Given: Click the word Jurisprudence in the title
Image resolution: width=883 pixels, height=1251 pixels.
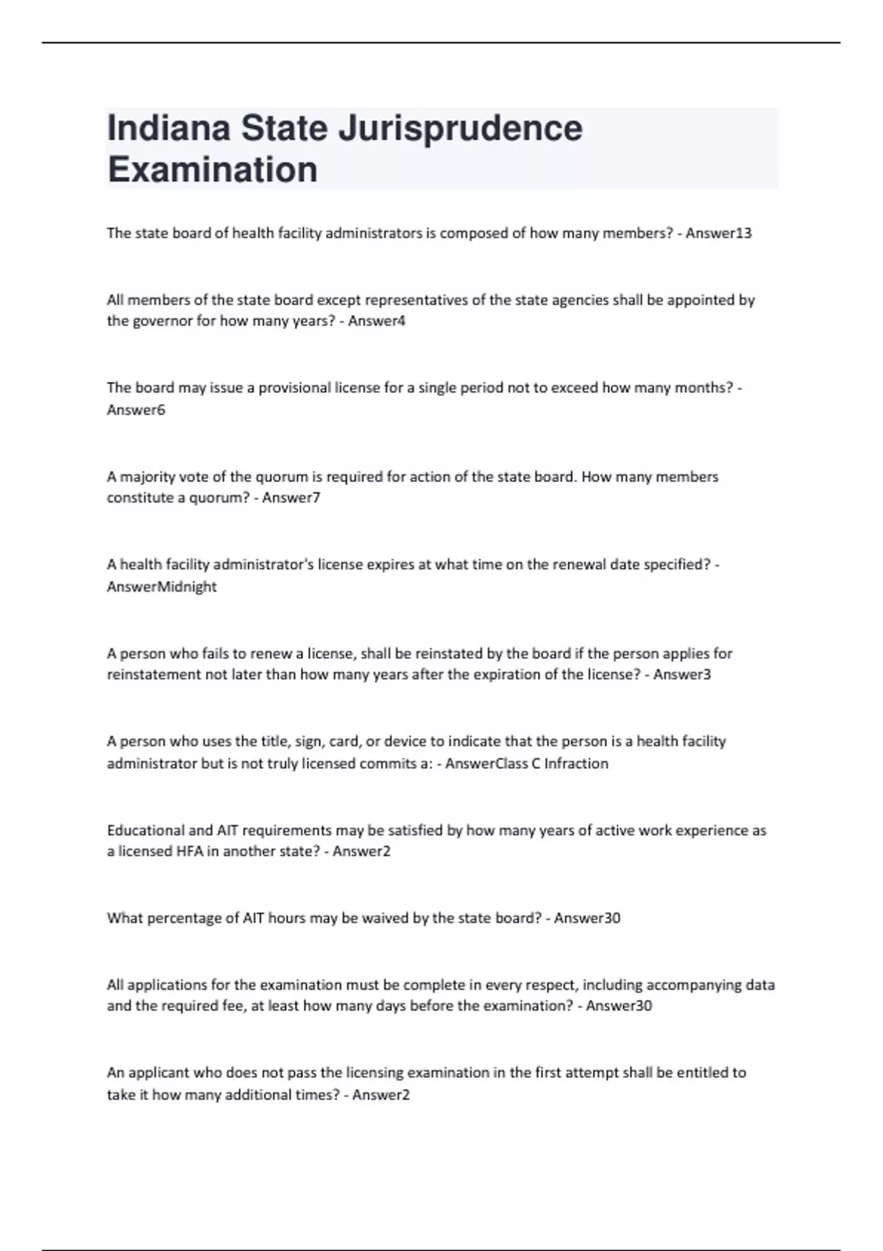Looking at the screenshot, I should (460, 128).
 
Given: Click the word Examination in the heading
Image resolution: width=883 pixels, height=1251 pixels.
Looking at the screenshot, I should (213, 169).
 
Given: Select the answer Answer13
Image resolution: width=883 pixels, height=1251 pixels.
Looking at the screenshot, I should (718, 233).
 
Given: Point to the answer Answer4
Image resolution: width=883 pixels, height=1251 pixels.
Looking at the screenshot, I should (376, 321).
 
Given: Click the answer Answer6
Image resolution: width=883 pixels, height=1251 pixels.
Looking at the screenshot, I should (136, 410).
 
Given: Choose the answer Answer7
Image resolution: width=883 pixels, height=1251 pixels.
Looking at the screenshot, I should (291, 497).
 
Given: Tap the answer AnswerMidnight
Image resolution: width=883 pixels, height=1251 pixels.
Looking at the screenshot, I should (162, 586).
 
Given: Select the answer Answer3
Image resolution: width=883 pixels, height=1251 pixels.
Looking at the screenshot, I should (681, 674).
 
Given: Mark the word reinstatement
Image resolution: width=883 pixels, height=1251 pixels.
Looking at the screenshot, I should (153, 674).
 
